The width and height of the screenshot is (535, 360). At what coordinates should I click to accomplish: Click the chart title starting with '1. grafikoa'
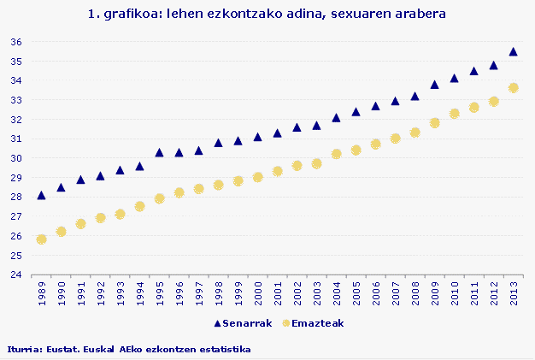(x=267, y=15)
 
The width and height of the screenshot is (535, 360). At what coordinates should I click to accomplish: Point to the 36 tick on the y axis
(x=16, y=42)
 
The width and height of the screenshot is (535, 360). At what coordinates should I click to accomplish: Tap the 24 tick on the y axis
(x=16, y=274)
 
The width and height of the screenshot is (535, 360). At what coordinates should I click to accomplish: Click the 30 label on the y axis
(x=16, y=158)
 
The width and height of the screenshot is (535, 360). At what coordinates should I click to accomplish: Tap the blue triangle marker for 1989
(x=41, y=195)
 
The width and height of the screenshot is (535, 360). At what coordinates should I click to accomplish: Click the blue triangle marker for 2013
(x=513, y=51)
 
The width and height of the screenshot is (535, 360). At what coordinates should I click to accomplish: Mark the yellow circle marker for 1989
(x=41, y=239)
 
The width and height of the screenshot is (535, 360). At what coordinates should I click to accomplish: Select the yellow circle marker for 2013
(x=513, y=88)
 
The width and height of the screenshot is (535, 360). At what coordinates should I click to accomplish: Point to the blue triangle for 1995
(x=159, y=152)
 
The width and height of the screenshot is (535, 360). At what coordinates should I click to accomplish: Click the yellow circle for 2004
(x=336, y=154)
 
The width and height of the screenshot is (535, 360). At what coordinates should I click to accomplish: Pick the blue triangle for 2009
(x=434, y=85)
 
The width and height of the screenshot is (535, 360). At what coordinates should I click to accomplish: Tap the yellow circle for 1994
(x=139, y=206)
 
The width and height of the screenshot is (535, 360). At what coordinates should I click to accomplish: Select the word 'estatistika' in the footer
(x=224, y=349)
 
